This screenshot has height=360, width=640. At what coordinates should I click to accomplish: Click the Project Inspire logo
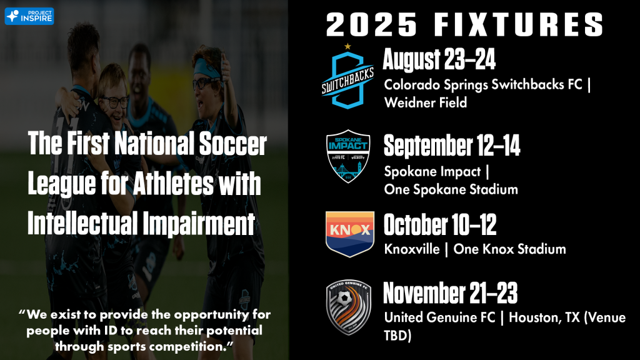click(29, 16)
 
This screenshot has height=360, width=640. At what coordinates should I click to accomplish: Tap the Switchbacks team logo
click(347, 80)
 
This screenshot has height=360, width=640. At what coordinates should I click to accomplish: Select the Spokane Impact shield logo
click(348, 156)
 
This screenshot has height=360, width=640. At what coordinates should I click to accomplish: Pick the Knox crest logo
click(350, 234)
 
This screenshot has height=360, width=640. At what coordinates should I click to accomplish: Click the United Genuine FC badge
click(349, 307)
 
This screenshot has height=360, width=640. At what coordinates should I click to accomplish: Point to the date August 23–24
click(439, 59)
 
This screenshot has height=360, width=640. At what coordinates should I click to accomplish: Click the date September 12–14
click(452, 146)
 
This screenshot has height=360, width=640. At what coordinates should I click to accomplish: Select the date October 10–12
click(440, 224)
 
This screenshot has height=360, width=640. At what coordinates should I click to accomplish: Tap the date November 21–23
click(450, 293)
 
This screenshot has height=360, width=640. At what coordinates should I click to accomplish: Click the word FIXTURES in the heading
click(518, 24)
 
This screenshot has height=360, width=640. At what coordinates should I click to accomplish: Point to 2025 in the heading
click(372, 24)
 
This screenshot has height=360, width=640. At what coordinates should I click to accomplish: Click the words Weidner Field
click(425, 102)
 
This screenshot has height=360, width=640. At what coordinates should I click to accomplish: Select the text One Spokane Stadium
click(451, 189)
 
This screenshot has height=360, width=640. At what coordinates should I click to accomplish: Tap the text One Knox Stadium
click(510, 249)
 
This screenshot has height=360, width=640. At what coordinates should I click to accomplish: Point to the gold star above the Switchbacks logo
click(347, 46)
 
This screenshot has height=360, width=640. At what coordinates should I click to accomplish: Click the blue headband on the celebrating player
click(207, 69)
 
